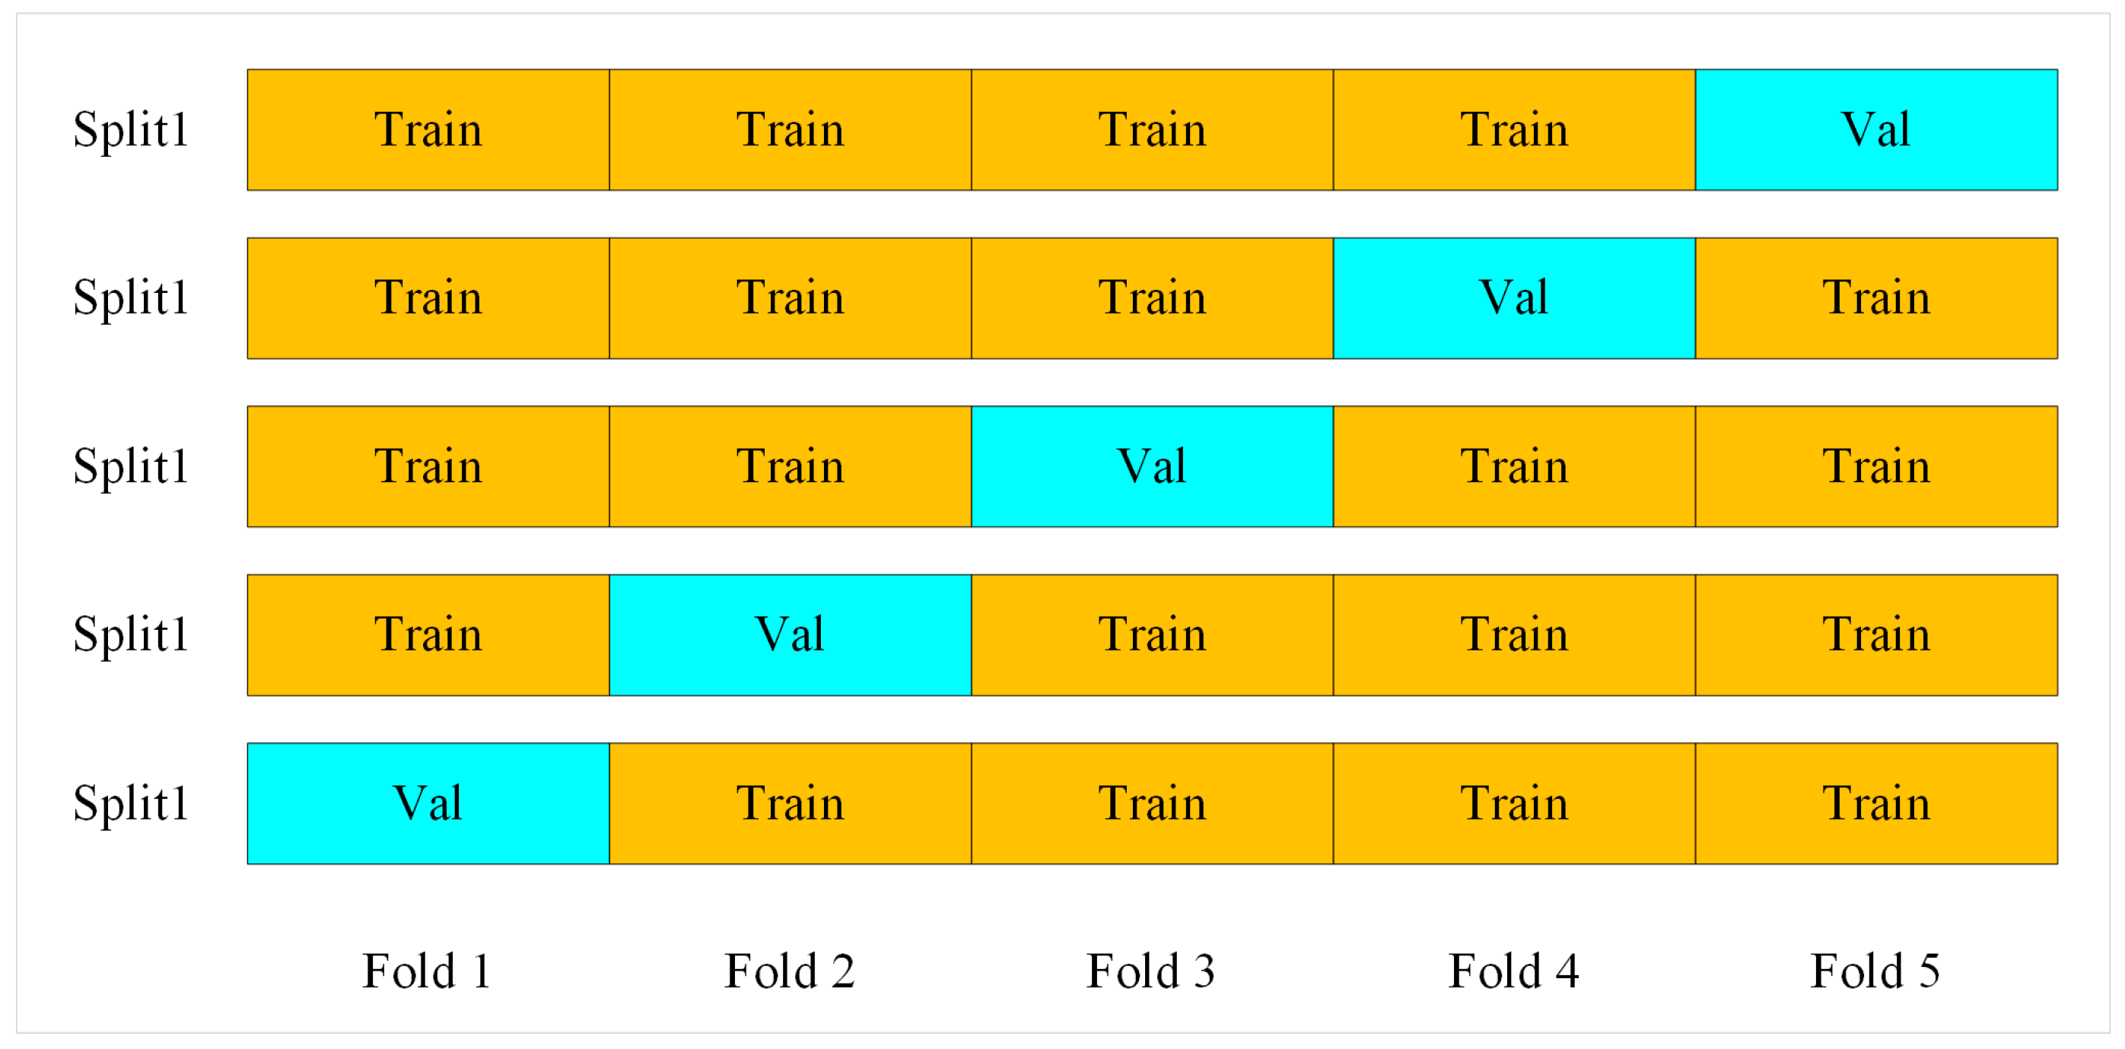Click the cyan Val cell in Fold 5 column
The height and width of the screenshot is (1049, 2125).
tap(1876, 129)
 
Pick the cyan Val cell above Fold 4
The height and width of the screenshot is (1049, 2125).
tap(1514, 297)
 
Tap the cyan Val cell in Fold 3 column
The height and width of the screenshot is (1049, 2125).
tap(1152, 466)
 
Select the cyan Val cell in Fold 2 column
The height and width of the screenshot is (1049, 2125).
tap(790, 634)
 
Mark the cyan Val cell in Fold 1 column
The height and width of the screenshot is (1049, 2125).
tap(428, 803)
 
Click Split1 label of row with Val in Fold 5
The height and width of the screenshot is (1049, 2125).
tap(130, 129)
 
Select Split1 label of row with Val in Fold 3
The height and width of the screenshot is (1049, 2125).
tap(130, 466)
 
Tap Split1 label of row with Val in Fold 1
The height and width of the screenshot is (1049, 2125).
tap(130, 803)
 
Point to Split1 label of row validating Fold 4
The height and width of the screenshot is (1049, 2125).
tap(130, 297)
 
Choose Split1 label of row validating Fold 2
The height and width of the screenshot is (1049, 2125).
tap(130, 634)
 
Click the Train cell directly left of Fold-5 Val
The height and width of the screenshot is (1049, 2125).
tap(1514, 129)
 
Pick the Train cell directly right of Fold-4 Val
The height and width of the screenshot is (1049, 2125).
tap(1876, 297)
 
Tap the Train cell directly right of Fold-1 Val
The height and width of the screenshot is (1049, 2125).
tap(790, 803)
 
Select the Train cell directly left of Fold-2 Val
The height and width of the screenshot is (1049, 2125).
tap(428, 634)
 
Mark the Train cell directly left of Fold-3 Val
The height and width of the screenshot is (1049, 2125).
tap(790, 466)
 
